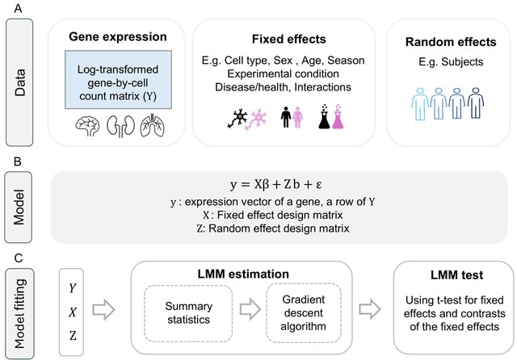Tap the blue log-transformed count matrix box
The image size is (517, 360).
pyautogui.click(x=117, y=79)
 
